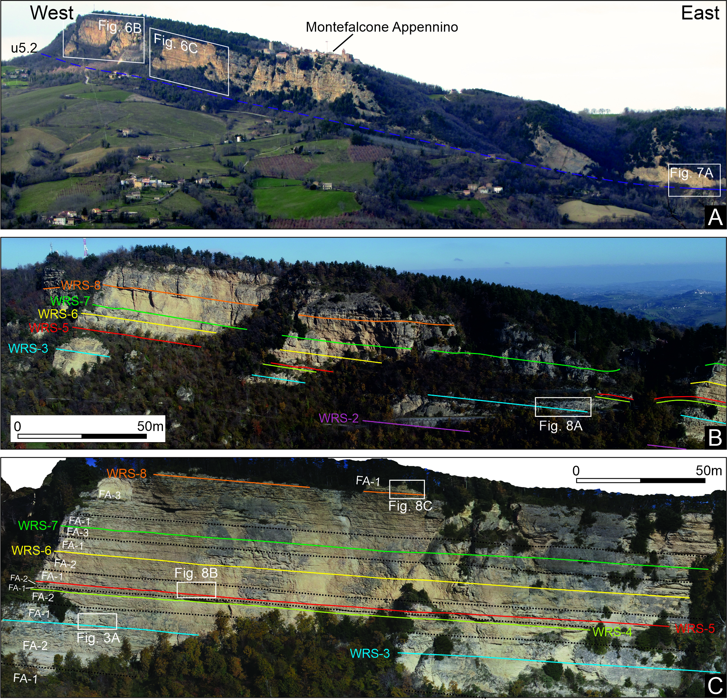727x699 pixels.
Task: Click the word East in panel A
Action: [700, 13]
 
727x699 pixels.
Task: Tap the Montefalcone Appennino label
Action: [382, 27]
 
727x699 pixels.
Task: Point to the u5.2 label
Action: [24, 48]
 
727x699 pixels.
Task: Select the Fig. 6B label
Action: [120, 27]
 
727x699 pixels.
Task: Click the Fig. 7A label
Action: [692, 173]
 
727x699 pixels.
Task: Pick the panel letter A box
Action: [715, 217]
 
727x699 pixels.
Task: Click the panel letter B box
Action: [715, 438]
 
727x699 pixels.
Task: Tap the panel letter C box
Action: [715, 686]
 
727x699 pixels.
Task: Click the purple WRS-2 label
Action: [339, 418]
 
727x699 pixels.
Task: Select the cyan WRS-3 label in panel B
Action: [28, 348]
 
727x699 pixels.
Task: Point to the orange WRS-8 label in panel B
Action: [81, 285]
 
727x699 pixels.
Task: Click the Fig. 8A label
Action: [561, 426]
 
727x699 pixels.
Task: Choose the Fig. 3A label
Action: [98, 638]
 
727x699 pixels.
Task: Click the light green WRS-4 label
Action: [612, 632]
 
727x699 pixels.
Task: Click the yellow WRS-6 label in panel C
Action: [32, 550]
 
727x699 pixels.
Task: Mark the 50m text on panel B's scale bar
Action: [150, 426]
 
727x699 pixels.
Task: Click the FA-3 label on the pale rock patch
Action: [110, 495]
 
